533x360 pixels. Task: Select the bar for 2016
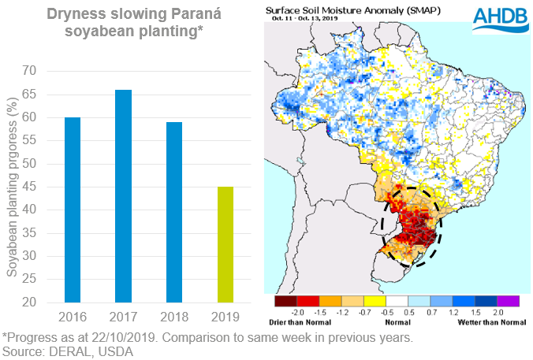[x=73, y=210]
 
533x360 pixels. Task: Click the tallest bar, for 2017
[x=124, y=196]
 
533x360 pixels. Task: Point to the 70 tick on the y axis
[x=29, y=71]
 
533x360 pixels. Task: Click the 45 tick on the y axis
[x=29, y=187]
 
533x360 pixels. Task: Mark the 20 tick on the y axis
[x=29, y=302]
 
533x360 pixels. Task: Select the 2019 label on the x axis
[x=225, y=317]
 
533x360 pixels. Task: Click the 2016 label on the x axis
[x=73, y=317]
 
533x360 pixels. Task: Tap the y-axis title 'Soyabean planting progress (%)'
[x=11, y=186]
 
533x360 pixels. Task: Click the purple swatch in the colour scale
[x=509, y=301]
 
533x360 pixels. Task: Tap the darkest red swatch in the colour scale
[x=285, y=301]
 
